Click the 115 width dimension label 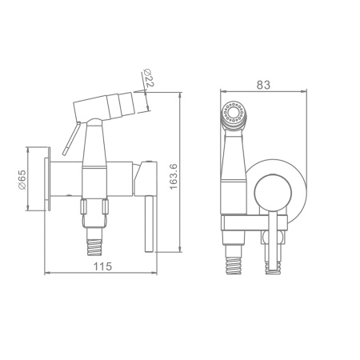click(x=102, y=266)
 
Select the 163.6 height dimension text click(x=174, y=177)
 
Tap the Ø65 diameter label click(x=22, y=179)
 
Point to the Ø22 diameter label click(x=149, y=78)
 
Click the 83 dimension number click(x=263, y=85)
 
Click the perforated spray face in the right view click(x=234, y=112)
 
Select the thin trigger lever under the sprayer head click(x=71, y=138)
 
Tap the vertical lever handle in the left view click(x=149, y=223)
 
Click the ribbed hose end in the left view click(x=94, y=247)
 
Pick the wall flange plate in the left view click(x=48, y=178)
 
